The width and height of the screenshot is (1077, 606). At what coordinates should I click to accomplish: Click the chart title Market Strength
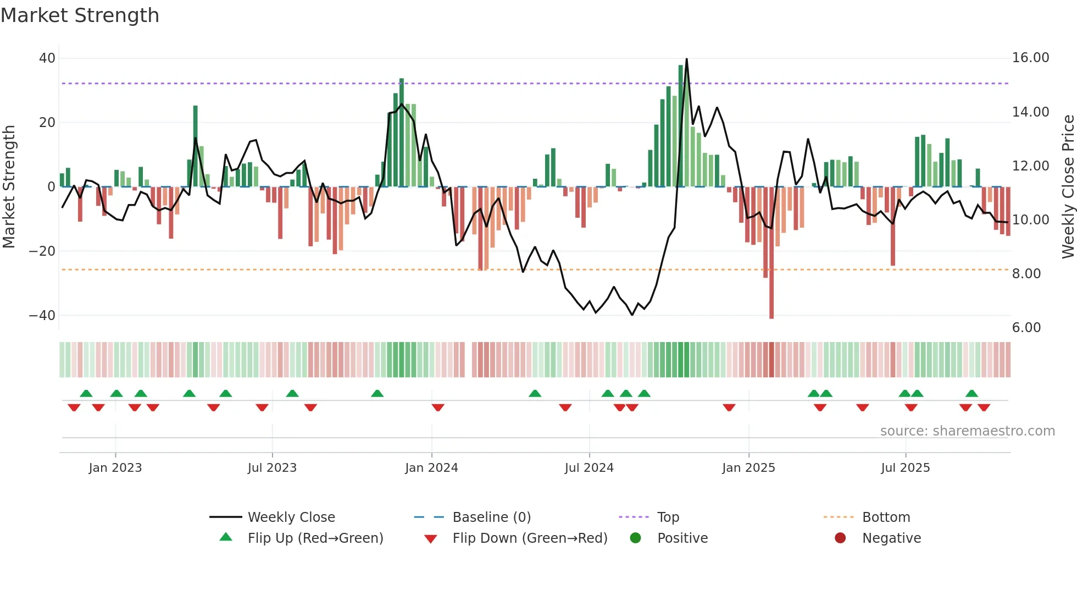coord(80,15)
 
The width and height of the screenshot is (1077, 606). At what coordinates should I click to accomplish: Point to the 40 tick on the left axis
coord(47,58)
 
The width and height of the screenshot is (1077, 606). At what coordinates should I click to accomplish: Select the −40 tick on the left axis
coord(42,316)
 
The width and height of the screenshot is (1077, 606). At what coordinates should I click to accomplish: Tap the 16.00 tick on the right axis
coord(1030,58)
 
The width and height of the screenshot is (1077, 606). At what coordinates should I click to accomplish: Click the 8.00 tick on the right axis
coord(1026,274)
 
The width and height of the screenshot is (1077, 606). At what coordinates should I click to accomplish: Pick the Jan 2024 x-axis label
coord(431,468)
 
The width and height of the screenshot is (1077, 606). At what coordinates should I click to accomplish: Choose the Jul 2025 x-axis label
coord(905,468)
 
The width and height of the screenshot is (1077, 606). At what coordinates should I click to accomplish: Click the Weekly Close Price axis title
coord(1068,187)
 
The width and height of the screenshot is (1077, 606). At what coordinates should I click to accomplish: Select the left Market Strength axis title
coord(9,187)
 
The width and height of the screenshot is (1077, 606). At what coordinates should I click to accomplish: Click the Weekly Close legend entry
coord(291,517)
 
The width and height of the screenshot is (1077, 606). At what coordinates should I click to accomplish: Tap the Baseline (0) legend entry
coord(491,517)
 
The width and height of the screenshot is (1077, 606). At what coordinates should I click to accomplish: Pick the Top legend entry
coord(668,517)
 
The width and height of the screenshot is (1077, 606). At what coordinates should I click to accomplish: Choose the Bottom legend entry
coord(886,517)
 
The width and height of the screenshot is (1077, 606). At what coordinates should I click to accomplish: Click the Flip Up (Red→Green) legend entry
coord(315,538)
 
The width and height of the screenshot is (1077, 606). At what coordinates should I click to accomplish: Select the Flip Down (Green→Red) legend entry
coord(530,538)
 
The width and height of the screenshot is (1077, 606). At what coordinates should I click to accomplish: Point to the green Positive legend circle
coord(635,538)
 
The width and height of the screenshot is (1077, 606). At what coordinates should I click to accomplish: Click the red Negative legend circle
coord(840,538)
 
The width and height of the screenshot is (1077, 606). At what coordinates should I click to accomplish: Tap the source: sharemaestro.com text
coord(967,431)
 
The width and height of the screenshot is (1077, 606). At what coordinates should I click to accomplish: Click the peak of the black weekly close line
coord(686,59)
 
